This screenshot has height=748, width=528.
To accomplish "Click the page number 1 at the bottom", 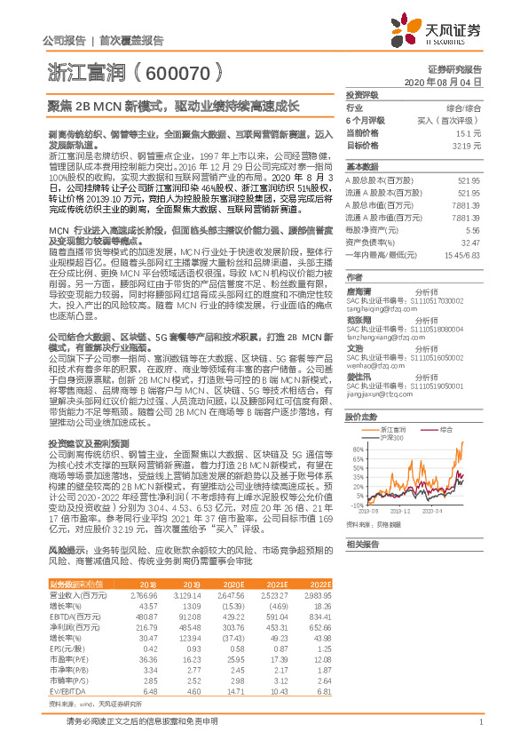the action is pos(479,720).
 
